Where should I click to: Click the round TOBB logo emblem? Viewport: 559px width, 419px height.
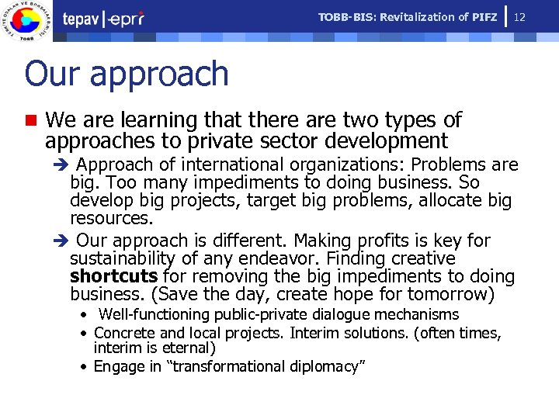click(29, 21)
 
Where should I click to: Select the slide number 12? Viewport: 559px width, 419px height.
click(520, 16)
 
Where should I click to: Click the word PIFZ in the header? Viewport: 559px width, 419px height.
click(484, 17)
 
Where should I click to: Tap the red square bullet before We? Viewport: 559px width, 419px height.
click(30, 121)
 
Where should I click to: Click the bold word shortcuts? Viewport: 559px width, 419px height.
click(113, 276)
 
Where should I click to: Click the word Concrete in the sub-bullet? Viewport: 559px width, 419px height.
click(123, 333)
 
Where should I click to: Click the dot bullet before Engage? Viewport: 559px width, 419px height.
click(82, 367)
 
